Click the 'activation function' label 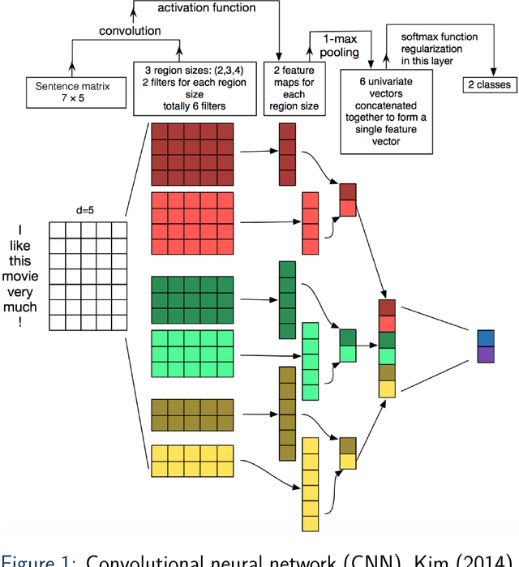205,8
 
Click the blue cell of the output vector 485,337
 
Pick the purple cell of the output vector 485,354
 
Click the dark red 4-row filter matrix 192,154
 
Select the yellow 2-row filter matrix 192,460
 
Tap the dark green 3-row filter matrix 192,299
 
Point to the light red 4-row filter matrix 192,223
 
